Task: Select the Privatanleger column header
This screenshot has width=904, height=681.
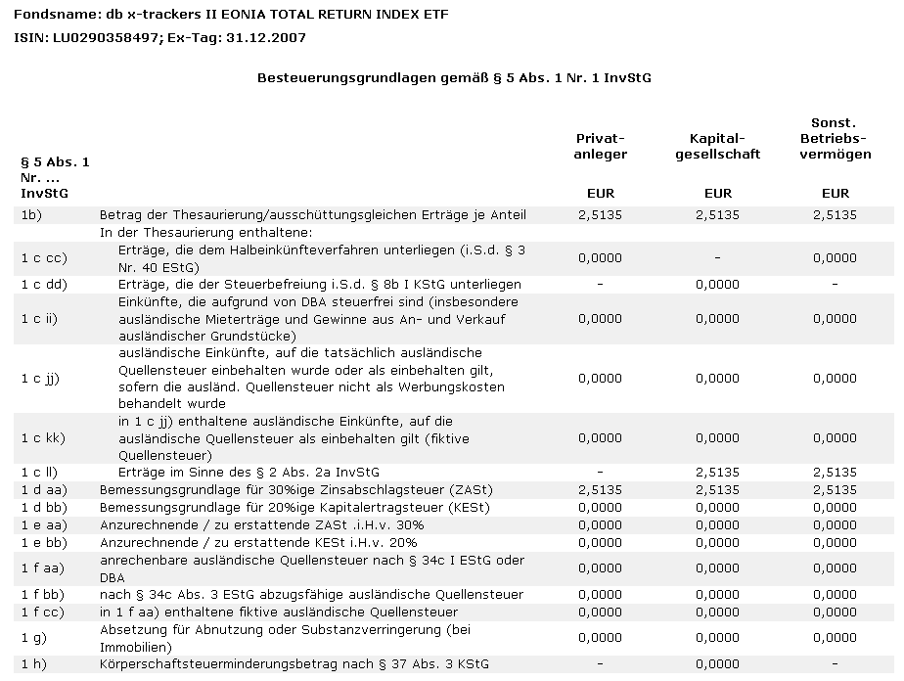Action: pos(601,147)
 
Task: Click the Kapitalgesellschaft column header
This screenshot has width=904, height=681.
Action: pos(717,147)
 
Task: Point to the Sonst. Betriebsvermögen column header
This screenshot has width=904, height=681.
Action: pos(835,139)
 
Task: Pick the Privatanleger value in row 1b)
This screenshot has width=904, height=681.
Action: pos(601,215)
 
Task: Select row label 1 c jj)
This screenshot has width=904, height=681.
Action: pos(40,378)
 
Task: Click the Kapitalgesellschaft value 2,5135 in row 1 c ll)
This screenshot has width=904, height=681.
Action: pos(717,473)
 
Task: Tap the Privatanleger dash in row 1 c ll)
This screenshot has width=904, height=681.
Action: pos(601,473)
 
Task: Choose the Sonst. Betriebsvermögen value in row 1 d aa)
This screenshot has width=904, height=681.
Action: pos(835,489)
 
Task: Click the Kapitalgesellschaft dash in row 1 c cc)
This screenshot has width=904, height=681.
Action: pos(717,258)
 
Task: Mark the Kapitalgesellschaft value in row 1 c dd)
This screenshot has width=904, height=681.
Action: pos(717,285)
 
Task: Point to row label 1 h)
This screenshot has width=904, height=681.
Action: pos(33,664)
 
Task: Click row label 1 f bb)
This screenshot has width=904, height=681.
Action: pos(41,595)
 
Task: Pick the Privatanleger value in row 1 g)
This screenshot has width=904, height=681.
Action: pos(601,638)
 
